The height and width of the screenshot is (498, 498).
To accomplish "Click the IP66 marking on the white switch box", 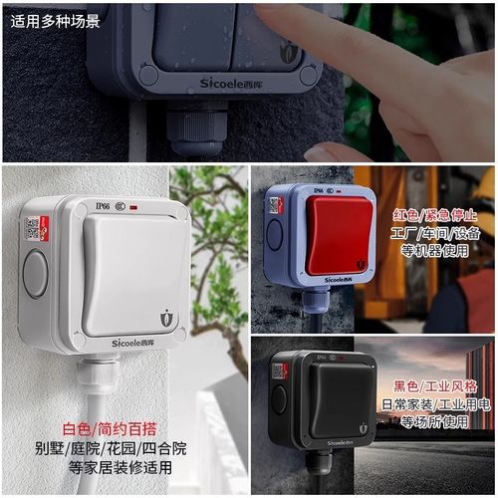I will click(102, 206).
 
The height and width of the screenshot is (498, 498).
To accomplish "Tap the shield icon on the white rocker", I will click(165, 318).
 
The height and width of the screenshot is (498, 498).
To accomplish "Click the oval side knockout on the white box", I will click(35, 274).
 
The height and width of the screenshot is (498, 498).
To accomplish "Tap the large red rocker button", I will click(339, 235).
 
